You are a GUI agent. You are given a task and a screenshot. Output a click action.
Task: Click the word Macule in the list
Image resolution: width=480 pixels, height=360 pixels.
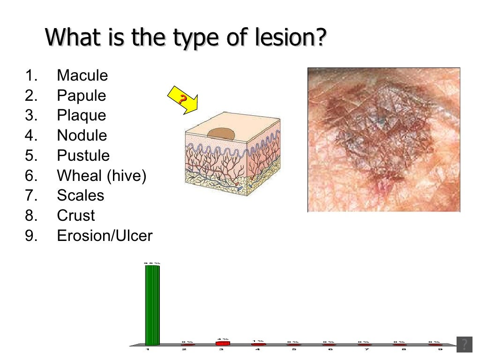82,75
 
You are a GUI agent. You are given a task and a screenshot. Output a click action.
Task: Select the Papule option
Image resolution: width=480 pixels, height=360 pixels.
82,96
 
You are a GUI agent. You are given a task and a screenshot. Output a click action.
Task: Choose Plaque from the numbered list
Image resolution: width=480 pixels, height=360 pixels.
82,115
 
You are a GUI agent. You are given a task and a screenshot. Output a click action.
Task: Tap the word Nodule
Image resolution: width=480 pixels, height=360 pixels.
82,135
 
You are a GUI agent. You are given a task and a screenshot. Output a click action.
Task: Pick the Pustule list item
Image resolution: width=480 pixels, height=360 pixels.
83,156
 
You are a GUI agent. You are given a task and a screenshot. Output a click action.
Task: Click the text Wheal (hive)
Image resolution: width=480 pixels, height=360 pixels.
102,176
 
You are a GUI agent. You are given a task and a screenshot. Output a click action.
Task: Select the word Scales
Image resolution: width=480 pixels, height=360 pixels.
81,195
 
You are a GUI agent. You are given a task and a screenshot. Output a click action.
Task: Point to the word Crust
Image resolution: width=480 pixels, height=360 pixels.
76,216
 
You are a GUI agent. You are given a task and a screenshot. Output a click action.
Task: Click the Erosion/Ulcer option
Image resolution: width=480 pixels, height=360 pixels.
105,236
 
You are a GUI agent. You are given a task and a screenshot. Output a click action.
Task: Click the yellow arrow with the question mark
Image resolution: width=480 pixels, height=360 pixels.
182,100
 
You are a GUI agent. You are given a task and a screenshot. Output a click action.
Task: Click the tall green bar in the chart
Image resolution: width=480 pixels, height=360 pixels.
152,305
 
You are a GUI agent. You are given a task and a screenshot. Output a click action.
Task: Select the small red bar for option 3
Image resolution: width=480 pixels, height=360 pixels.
223,343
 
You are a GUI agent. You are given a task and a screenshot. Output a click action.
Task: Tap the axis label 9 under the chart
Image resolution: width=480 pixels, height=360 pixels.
439,350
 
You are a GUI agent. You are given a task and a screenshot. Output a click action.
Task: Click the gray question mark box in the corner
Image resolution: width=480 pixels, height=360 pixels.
464,344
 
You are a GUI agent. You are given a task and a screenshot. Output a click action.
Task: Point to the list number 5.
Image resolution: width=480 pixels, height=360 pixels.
30,156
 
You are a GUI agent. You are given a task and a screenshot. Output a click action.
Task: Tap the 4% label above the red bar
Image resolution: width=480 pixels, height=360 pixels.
223,339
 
